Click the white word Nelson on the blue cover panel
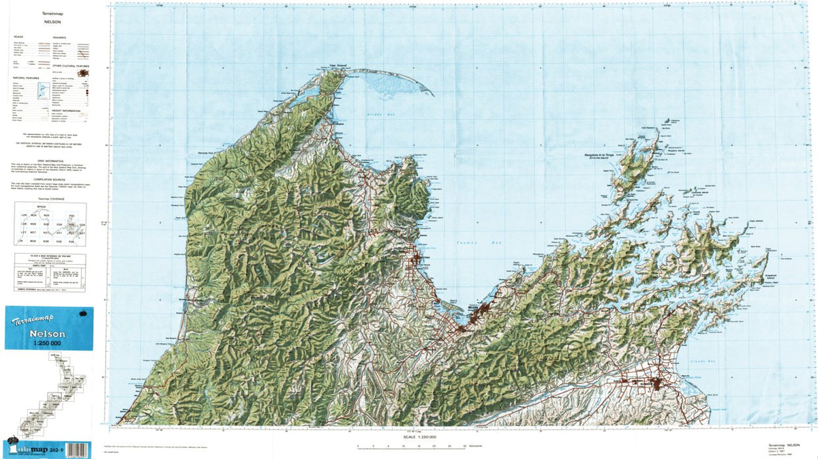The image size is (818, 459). pos(47,334)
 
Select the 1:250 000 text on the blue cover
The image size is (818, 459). pos(48,344)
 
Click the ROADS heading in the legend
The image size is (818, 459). pos(18,35)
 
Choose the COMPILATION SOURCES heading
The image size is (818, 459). pos(52,179)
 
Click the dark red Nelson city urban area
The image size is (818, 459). pos(483,312)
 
